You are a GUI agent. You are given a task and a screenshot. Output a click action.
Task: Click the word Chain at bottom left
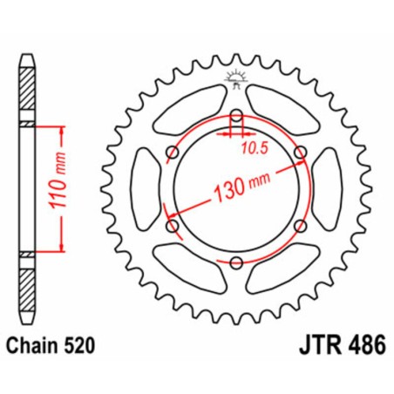coord(36,345)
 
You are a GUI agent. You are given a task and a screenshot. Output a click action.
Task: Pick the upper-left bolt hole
coord(173,153)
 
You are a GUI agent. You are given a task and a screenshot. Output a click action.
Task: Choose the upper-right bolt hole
coord(301,153)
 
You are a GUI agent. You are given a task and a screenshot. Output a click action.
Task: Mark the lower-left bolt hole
coord(173,227)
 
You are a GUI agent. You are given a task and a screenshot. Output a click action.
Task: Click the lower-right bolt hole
coord(301,227)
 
